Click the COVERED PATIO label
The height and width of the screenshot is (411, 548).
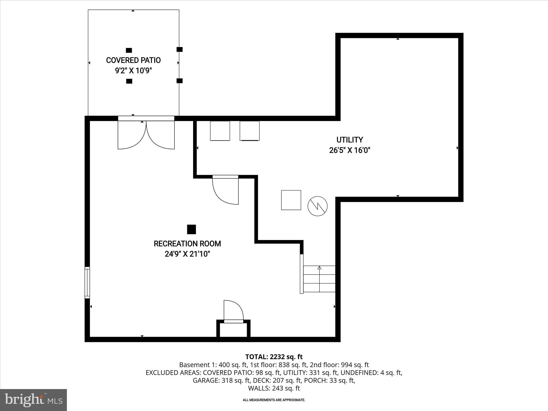[133, 60]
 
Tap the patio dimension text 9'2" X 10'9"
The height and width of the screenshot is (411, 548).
[133, 71]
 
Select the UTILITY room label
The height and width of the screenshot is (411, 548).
[349, 140]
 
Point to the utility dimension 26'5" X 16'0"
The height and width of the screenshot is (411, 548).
[349, 150]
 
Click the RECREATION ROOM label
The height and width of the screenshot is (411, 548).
[187, 244]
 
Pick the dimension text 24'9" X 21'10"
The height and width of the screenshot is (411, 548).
[187, 254]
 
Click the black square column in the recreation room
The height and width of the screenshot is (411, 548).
[191, 229]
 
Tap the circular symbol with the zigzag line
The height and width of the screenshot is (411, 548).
[318, 206]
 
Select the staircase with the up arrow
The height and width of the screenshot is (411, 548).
[319, 279]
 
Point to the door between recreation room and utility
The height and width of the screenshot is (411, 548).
[226, 190]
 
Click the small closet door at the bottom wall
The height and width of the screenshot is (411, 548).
[234, 312]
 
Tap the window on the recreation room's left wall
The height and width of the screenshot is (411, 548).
[87, 282]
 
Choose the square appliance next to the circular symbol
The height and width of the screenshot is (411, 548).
[291, 200]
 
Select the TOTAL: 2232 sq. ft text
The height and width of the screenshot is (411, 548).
[274, 357]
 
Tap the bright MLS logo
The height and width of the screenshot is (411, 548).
[33, 400]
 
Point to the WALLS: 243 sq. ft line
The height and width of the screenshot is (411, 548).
[274, 388]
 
